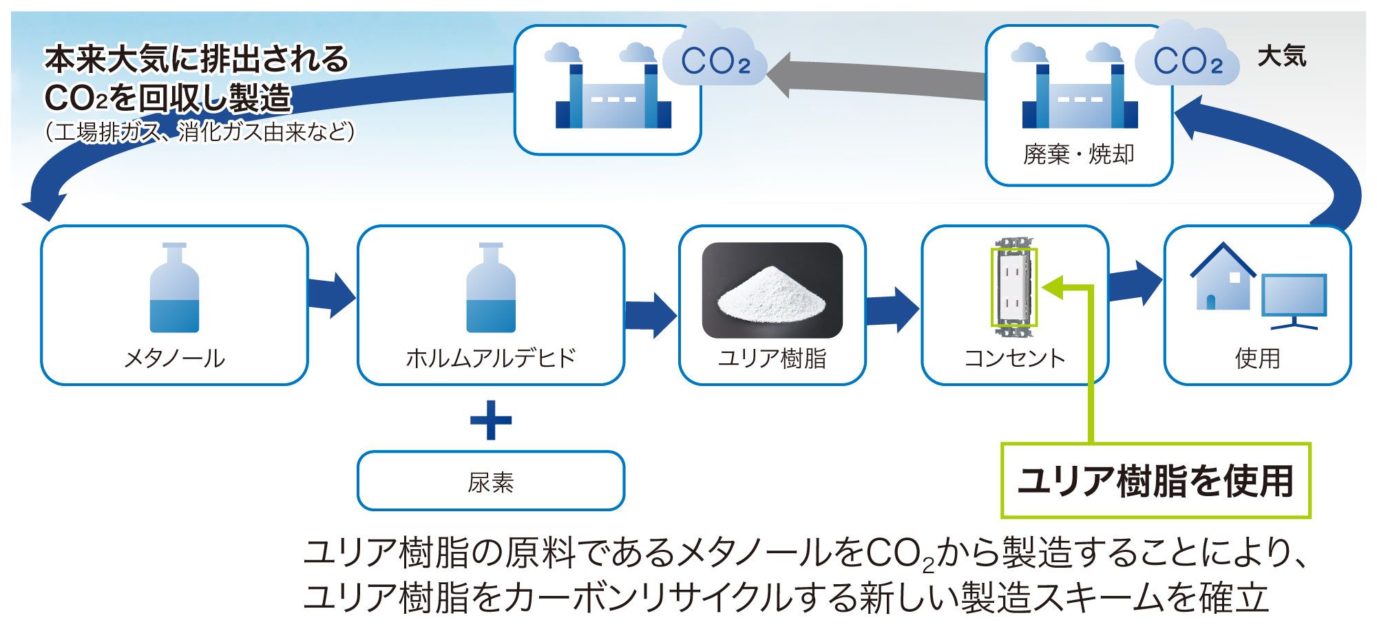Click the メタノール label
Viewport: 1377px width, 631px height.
click(174, 359)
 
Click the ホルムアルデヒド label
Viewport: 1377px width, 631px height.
click(490, 359)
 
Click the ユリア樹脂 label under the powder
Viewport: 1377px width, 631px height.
click(772, 359)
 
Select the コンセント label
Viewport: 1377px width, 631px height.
click(1014, 359)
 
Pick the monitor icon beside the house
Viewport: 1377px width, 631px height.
click(1294, 300)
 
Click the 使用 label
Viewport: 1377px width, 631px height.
click(1257, 359)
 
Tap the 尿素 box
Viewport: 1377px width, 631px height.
click(490, 482)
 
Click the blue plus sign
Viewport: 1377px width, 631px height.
click(490, 420)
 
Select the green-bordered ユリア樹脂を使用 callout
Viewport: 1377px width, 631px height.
click(1155, 480)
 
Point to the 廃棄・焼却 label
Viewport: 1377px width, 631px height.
click(1078, 154)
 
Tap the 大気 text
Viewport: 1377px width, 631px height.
click(1281, 56)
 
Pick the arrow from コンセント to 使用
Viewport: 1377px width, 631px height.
click(1135, 282)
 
